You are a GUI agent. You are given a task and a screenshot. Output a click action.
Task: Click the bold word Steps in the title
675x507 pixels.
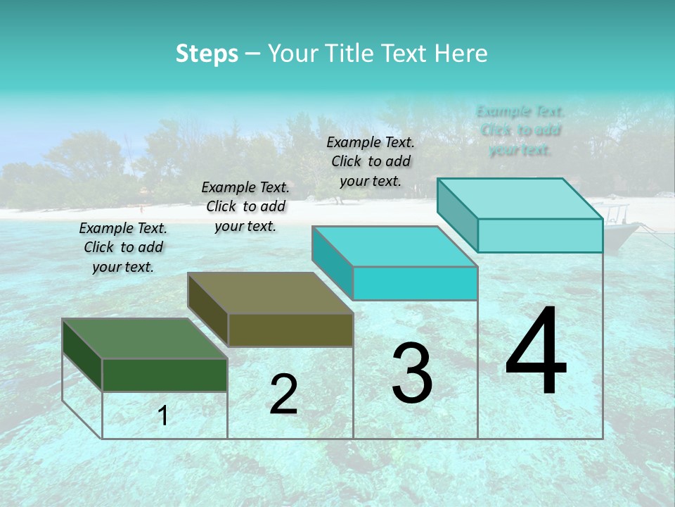coord(207,54)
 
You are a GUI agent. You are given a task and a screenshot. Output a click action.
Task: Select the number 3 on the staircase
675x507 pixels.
coord(412,373)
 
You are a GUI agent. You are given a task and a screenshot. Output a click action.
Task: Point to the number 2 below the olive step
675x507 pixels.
coord(283,394)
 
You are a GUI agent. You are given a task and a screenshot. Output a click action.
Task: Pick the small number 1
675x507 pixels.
coord(163,415)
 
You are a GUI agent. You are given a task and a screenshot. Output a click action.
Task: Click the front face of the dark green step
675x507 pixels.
coord(165,375)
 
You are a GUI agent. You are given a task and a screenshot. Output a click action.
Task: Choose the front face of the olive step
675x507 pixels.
coord(290,329)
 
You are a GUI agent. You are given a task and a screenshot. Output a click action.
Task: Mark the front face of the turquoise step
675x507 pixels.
coord(415,283)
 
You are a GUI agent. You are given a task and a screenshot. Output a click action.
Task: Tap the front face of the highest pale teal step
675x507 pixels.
coord(540,235)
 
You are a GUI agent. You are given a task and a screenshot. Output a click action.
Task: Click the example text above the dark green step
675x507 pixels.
coord(123,247)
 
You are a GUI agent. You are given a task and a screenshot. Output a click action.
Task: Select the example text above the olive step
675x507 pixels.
coord(245,206)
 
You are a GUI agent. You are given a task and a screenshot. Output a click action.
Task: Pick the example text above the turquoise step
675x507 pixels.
coord(371,161)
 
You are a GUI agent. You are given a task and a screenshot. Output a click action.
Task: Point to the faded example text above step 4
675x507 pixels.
coord(520,130)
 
